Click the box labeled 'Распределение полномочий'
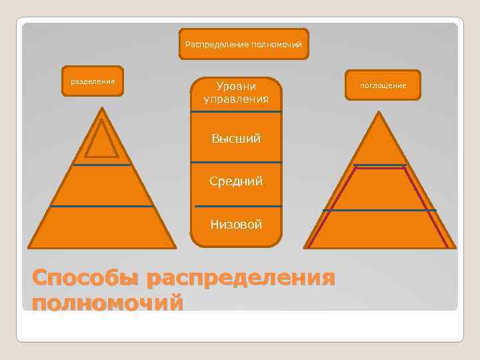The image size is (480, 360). coord(243,43)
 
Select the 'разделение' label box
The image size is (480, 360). coord(93,81)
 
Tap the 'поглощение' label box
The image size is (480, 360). coord(383,85)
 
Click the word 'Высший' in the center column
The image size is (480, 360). coord(236,139)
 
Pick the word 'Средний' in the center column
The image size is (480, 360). coord(236,181)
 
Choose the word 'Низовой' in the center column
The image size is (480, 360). coord(236,224)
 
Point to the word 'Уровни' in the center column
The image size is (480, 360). coord(236,86)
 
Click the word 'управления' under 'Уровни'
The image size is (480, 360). coord(236,99)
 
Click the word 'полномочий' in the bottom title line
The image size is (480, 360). coord(107,303)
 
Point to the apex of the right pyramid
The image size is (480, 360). coord(379,113)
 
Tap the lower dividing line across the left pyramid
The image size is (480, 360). coord(103,207)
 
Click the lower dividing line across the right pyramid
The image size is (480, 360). coord(379,210)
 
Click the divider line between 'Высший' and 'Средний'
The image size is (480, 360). coord(236,162)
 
